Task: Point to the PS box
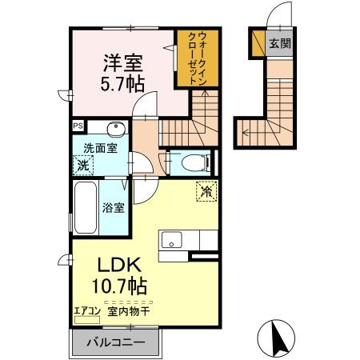[x=78, y=126]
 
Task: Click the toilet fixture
[x=192, y=162]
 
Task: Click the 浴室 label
[x=113, y=208]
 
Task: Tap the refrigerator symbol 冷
[x=206, y=191]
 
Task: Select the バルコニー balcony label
[x=118, y=342]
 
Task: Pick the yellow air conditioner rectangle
[x=85, y=318]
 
